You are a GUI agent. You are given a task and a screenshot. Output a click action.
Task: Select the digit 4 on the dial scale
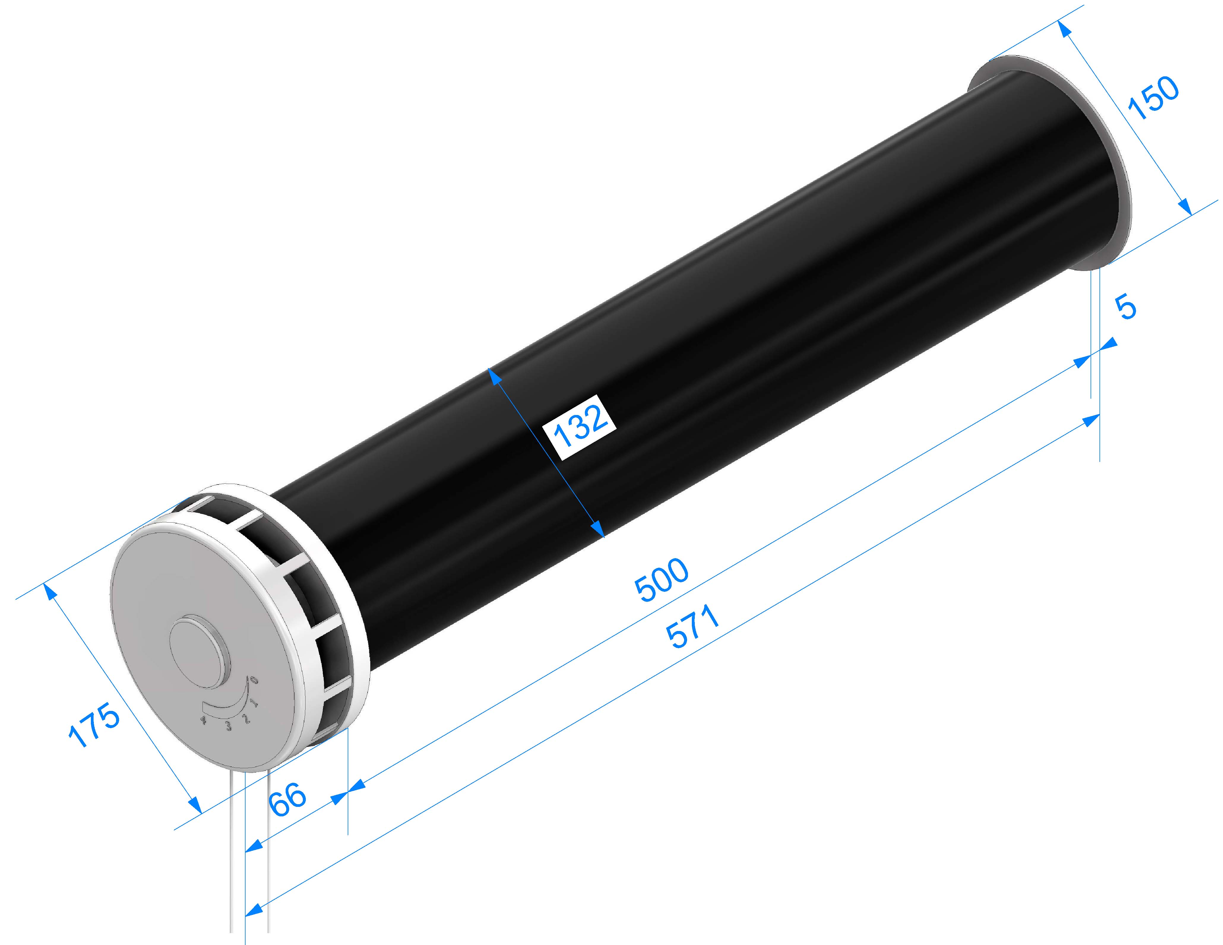tap(203, 720)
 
